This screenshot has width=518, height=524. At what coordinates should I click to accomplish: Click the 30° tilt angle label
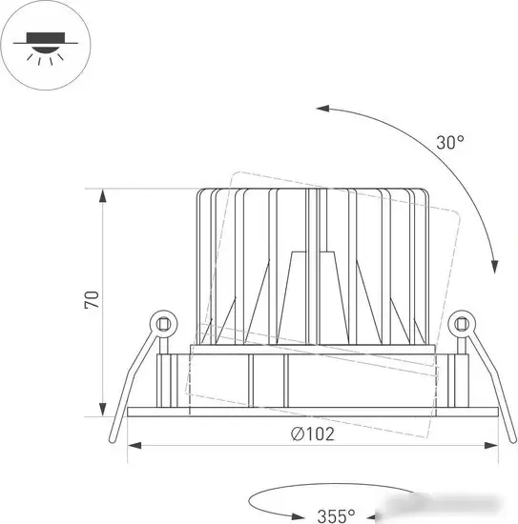point(450,142)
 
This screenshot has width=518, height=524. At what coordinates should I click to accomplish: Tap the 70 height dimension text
point(92,300)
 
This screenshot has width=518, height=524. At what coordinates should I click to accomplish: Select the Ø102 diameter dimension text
point(313,434)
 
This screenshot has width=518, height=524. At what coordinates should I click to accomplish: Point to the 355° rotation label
point(336,516)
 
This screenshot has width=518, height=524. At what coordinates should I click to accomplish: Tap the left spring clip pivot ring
point(164,324)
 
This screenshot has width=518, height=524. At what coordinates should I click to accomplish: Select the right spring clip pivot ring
point(462,324)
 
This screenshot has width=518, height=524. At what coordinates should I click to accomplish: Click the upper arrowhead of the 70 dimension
point(103,195)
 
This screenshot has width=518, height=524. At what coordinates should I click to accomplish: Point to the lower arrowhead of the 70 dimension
point(103,410)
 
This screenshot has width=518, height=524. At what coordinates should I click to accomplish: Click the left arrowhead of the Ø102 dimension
point(135,446)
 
